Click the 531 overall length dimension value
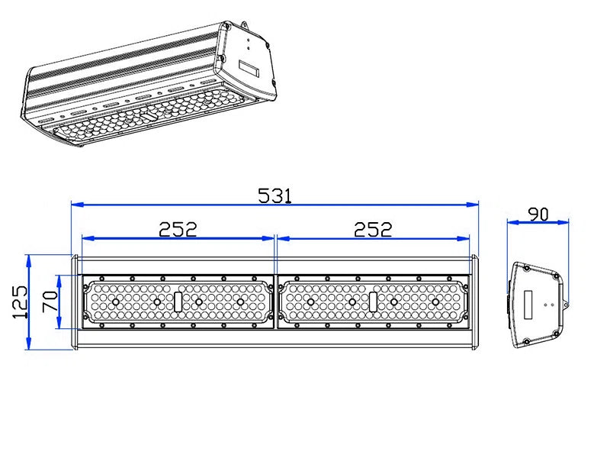(274, 195)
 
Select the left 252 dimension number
(178, 229)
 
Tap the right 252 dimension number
(373, 229)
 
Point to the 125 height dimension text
(21, 302)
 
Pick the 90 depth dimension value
(538, 214)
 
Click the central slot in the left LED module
(178, 302)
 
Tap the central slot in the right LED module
(373, 302)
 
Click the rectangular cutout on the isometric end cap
(251, 69)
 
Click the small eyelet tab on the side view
(565, 305)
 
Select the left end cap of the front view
(75, 303)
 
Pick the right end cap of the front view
(474, 303)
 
